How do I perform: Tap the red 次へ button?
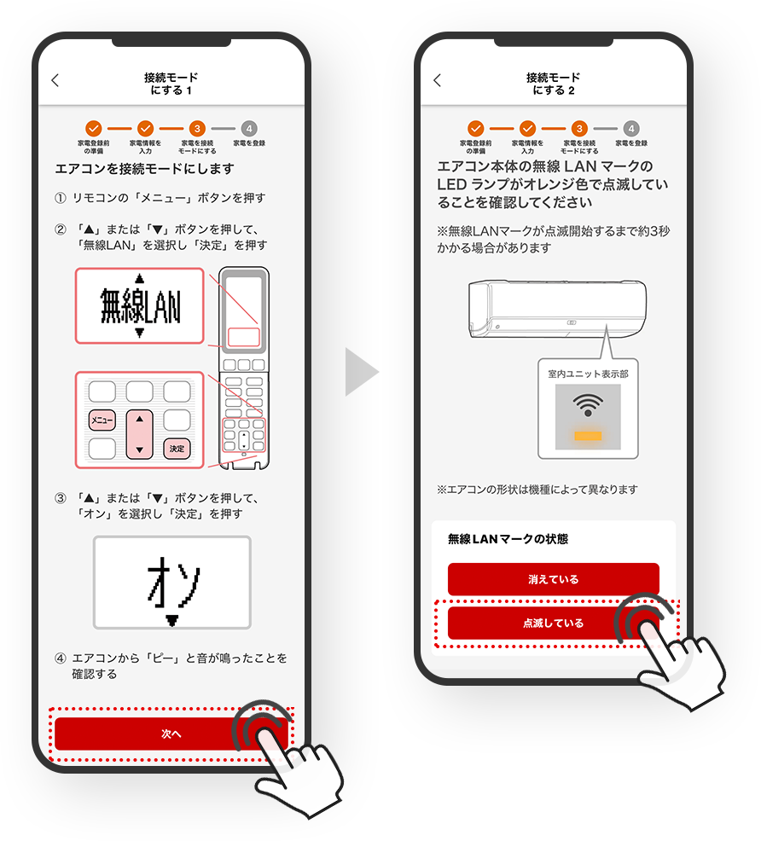[x=171, y=734]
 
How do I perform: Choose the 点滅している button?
[x=553, y=623]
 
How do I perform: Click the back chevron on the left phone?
[x=55, y=80]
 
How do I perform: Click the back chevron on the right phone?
[x=438, y=80]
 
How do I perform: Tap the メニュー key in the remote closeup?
[x=102, y=420]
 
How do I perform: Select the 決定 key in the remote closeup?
[x=177, y=449]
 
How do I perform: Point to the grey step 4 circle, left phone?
[x=249, y=129]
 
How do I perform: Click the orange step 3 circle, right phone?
[x=579, y=129]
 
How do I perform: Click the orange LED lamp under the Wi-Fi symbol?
[x=588, y=436]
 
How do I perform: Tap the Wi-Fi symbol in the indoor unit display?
[x=588, y=405]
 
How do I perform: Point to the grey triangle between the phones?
[x=362, y=372]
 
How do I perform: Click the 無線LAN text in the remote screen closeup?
[x=140, y=305]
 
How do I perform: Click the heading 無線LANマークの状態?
[x=508, y=539]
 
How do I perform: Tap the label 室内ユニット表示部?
[x=588, y=374]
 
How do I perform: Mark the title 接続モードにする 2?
[x=553, y=84]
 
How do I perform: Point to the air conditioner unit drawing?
[x=557, y=309]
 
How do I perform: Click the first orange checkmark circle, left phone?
[x=93, y=129]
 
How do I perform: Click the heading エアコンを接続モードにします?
[x=145, y=169]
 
